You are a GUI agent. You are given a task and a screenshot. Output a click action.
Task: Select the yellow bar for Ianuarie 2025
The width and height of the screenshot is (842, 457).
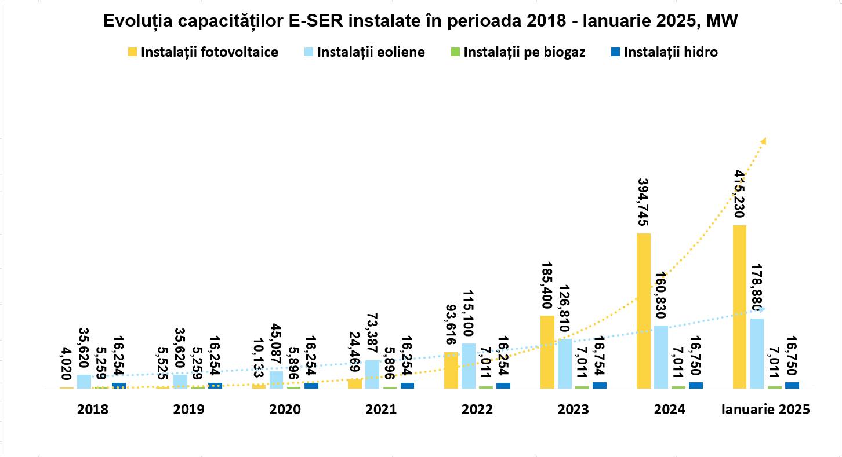[739, 307]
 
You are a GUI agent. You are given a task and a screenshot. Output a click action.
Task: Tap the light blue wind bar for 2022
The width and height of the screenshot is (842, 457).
[469, 366]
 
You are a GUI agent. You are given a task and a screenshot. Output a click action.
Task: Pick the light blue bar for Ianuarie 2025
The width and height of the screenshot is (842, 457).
[757, 353]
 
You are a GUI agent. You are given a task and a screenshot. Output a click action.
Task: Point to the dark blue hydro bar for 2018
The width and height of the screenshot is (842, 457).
[119, 386]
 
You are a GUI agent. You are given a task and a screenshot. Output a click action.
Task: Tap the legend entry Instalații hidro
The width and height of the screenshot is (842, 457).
[670, 52]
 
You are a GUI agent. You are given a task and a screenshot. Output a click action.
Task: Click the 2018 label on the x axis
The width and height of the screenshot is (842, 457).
[93, 410]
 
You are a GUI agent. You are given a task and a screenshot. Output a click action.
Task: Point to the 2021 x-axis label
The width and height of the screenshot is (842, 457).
[381, 410]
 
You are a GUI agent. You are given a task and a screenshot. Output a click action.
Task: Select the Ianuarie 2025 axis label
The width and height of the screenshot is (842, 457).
[765, 410]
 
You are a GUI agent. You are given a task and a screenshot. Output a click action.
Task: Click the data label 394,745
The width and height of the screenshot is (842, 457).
[644, 196]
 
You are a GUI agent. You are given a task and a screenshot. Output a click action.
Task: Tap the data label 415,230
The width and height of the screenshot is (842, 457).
[739, 193]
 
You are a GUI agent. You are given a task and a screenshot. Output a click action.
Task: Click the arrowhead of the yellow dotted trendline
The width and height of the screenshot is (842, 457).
[763, 141]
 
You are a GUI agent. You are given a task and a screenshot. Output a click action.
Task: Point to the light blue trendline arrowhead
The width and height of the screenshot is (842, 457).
[762, 309]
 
